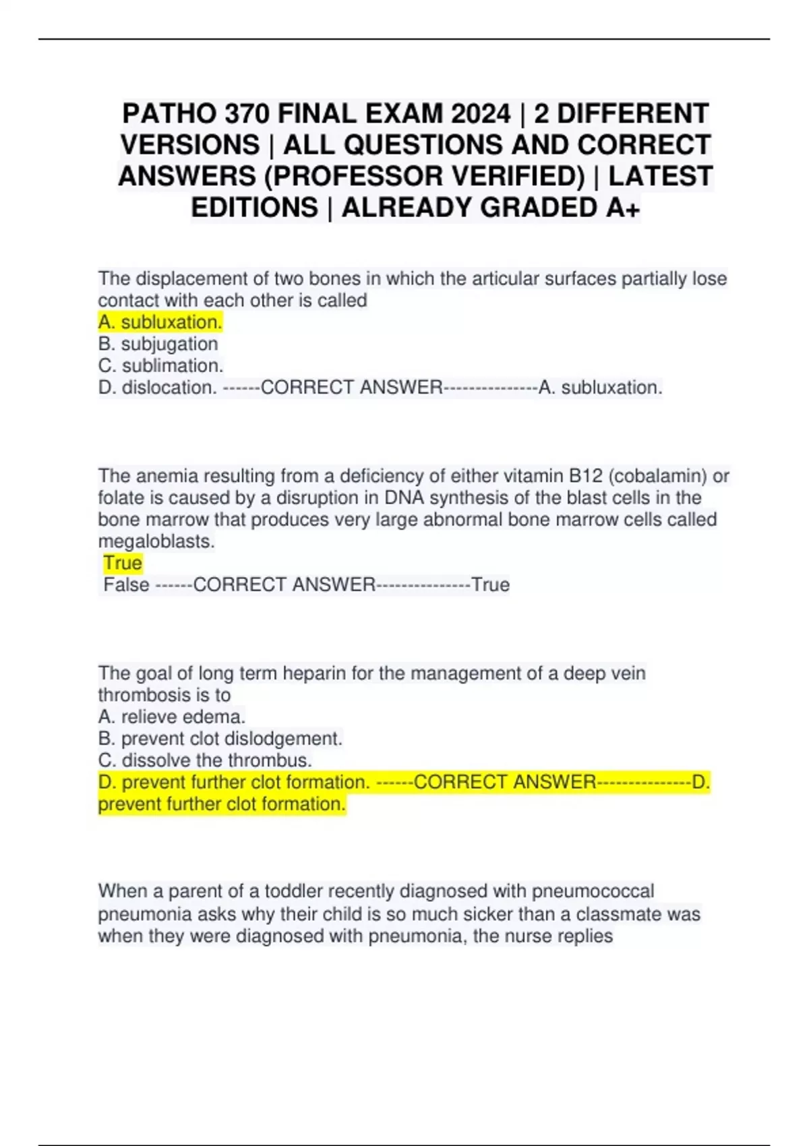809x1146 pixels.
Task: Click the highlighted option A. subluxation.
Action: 160,322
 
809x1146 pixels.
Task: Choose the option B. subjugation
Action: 158,344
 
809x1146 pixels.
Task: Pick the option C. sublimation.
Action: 160,365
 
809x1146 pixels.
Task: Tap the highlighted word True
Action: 123,563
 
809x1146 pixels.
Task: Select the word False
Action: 126,584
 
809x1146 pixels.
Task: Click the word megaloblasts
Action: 156,541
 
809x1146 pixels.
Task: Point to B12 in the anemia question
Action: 586,476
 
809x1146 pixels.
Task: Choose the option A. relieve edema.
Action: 172,717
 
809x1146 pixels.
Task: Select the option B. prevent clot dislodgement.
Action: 220,739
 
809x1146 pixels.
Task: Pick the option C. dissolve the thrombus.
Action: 205,760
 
